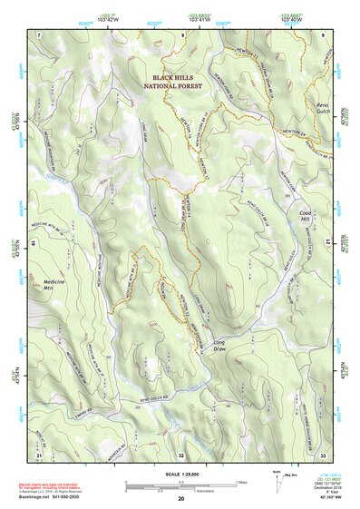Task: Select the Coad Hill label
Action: pyautogui.click(x=305, y=217)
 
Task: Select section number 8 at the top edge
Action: pyautogui.click(x=181, y=34)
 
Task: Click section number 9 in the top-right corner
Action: pyautogui.click(x=324, y=34)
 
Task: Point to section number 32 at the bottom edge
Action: pyautogui.click(x=181, y=455)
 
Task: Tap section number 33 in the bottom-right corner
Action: pyautogui.click(x=323, y=455)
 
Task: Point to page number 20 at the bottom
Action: pyautogui.click(x=180, y=498)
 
